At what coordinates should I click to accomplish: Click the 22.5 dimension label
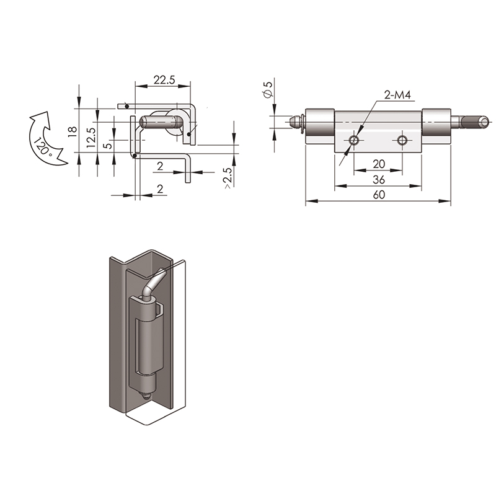(x=164, y=80)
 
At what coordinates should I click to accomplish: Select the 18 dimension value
(x=73, y=131)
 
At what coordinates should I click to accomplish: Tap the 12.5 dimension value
(x=91, y=138)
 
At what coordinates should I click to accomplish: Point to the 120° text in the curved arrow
(x=42, y=146)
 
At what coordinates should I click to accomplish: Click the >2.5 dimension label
(x=228, y=179)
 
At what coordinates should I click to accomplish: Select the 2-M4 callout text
(x=397, y=95)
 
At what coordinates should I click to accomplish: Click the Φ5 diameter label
(x=268, y=89)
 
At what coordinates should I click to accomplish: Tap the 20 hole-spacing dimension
(x=379, y=164)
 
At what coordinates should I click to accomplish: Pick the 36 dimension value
(x=379, y=180)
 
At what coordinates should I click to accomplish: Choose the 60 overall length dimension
(x=379, y=195)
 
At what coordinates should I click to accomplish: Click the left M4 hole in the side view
(x=353, y=140)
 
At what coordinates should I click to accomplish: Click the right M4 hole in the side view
(x=402, y=140)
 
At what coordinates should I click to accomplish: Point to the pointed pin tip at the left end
(x=293, y=122)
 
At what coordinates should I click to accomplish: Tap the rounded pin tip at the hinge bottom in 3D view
(x=146, y=396)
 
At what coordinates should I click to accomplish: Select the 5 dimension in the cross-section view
(x=108, y=146)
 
